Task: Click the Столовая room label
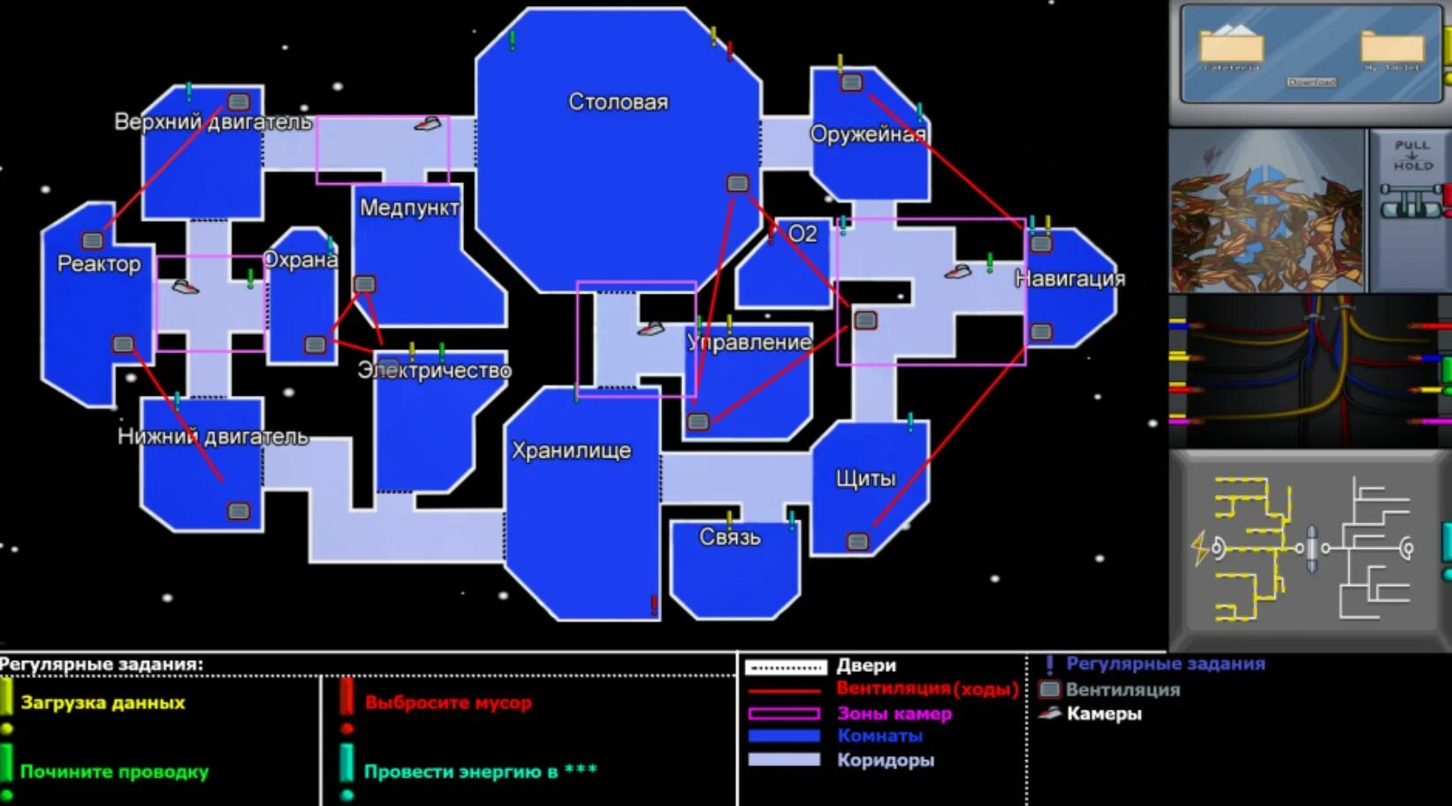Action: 618,102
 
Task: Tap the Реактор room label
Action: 99,263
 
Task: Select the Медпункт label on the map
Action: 409,208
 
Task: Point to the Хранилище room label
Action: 571,451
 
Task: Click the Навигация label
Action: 1069,278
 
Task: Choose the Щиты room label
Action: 865,478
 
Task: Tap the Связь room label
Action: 729,536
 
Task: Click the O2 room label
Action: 802,233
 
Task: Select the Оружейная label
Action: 868,134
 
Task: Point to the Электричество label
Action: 434,370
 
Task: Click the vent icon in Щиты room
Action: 857,541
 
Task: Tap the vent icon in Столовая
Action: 737,183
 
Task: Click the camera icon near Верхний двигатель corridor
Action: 428,125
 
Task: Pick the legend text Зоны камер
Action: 894,713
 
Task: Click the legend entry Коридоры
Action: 886,759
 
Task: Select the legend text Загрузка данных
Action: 103,703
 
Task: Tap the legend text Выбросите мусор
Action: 448,703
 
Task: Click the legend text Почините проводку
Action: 114,772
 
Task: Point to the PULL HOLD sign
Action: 1411,155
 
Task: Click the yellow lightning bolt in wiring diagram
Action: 1199,548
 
